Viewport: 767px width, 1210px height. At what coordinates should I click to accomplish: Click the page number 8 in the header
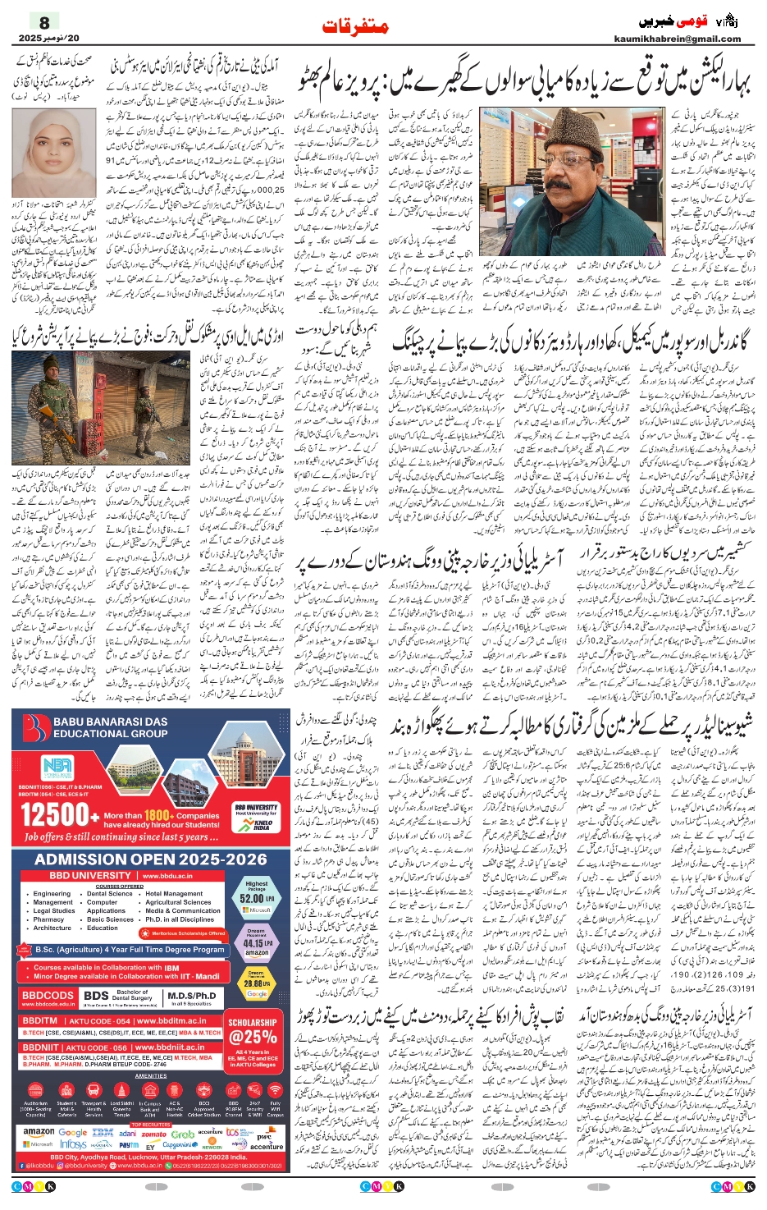tap(43, 22)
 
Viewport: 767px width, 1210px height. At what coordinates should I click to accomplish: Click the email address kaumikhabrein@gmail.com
tap(677, 39)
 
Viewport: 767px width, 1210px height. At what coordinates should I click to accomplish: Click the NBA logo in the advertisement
tap(57, 768)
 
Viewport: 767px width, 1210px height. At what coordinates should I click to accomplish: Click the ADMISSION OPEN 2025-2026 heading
tap(150, 859)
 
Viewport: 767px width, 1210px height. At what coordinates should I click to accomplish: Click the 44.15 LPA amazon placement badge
tap(257, 942)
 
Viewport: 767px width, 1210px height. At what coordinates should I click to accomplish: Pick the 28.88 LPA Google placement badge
tap(257, 982)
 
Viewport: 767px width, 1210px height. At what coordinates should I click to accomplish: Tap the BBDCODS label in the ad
tap(48, 996)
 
